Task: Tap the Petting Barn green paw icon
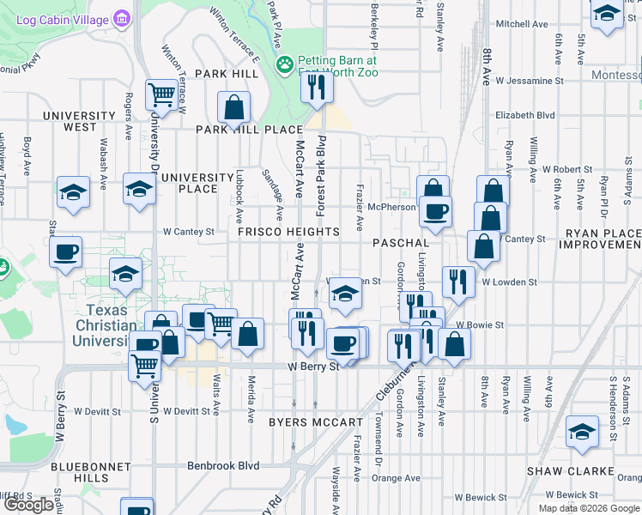(283, 64)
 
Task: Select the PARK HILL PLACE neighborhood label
(249, 130)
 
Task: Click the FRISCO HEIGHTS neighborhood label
(288, 233)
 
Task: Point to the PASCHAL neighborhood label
(400, 243)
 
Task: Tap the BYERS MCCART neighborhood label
(316, 422)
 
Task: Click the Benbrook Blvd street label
(223, 465)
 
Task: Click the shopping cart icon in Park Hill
(161, 94)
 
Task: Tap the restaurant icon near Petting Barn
(317, 87)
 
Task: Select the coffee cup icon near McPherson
(435, 210)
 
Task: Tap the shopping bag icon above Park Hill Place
(233, 108)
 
